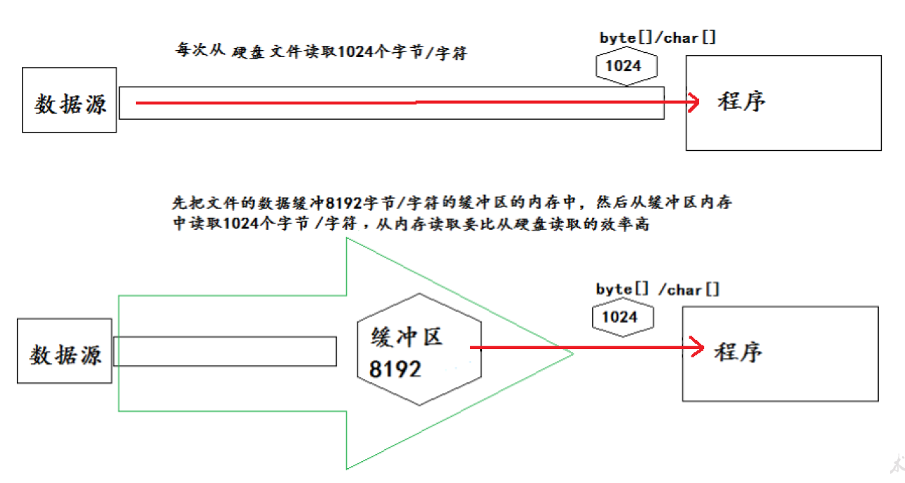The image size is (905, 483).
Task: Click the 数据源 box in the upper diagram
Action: [x=70, y=100]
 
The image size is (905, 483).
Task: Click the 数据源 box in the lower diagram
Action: [x=64, y=351]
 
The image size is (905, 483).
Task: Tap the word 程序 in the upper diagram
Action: [x=741, y=102]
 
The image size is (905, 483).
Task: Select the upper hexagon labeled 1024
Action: [x=627, y=66]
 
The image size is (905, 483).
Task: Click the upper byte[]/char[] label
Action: [x=658, y=38]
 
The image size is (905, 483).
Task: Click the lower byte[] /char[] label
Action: [x=658, y=289]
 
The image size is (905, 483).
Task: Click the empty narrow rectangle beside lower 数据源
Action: [x=224, y=351]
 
